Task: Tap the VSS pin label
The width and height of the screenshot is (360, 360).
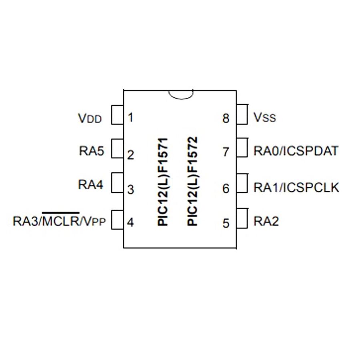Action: tap(265, 118)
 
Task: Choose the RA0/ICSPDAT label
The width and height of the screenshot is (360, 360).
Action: tap(296, 151)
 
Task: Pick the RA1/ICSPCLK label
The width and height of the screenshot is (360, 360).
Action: tap(296, 187)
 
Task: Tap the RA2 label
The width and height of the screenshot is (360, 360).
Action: tap(266, 221)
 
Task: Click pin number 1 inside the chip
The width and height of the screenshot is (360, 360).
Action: tap(131, 118)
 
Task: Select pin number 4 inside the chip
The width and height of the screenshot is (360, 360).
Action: tap(130, 222)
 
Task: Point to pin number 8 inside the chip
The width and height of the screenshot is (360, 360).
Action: tap(226, 118)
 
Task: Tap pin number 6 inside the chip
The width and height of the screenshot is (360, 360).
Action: tap(226, 188)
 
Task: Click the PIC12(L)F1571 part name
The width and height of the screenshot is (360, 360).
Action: tap(163, 182)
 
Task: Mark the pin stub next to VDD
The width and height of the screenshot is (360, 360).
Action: tap(117, 114)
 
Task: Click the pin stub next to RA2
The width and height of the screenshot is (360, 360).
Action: tap(243, 218)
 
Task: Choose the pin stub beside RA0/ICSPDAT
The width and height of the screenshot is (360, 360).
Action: tap(243, 148)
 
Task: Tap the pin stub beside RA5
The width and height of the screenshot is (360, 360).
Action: tap(117, 149)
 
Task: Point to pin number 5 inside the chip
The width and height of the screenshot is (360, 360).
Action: tap(226, 223)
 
